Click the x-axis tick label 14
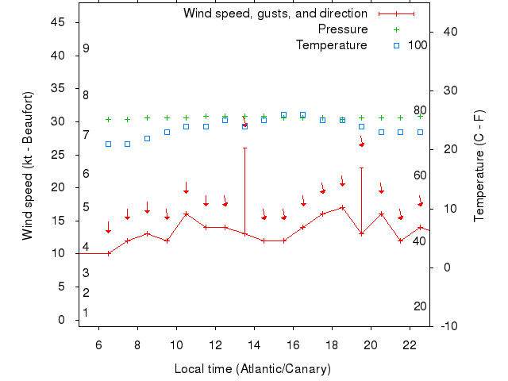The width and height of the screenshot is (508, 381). (254, 345)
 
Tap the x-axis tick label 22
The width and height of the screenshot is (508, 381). (410, 345)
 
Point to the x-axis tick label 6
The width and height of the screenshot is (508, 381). (98, 345)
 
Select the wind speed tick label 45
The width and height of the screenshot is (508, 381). (59, 22)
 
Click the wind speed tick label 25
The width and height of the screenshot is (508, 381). (59, 154)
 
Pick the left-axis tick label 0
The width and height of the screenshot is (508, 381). (62, 319)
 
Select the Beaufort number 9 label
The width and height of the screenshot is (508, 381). (86, 49)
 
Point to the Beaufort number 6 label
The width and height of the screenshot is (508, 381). (86, 174)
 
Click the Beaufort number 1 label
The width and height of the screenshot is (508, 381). (86, 313)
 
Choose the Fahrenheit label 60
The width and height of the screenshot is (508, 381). (420, 175)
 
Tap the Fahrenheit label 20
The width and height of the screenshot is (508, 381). (420, 306)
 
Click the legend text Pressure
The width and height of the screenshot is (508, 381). (342, 29)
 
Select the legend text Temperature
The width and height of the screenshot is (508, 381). (331, 45)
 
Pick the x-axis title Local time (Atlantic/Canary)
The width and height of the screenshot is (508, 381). (252, 369)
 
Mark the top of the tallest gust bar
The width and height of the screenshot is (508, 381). (244, 148)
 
